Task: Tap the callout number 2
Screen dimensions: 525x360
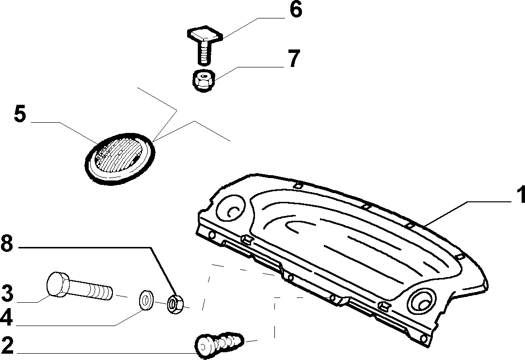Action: click(x=7, y=345)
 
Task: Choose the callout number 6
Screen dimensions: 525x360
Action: click(x=296, y=9)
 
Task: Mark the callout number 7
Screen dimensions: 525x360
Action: click(x=294, y=58)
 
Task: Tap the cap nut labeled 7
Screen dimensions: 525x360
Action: click(x=204, y=80)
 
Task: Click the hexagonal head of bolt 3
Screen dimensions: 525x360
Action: click(x=58, y=285)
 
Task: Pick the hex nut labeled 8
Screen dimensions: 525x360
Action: click(x=175, y=304)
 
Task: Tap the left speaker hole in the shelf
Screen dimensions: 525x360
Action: click(x=231, y=208)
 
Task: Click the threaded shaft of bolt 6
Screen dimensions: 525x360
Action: click(x=205, y=52)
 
